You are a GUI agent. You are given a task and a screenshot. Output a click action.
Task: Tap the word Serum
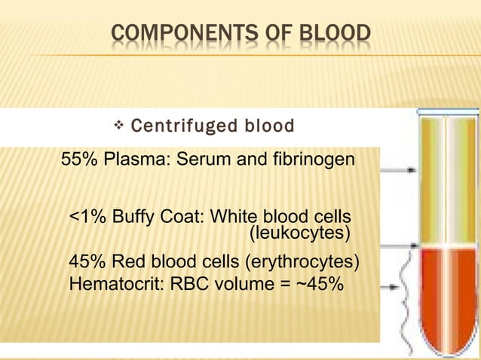coord(200,160)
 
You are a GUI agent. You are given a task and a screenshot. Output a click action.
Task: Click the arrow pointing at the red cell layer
coord(400,286)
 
